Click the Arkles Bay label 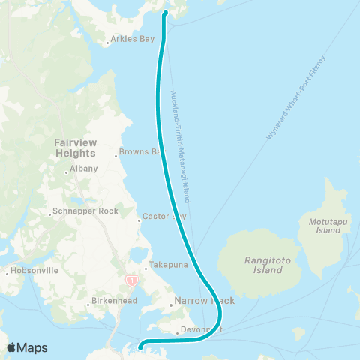click(x=132, y=39)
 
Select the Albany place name click(x=84, y=169)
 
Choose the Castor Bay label click(x=165, y=217)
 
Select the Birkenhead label click(x=111, y=304)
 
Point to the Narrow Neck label click(x=204, y=301)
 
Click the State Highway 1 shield click(x=133, y=280)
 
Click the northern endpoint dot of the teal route click(x=164, y=13)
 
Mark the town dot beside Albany click(x=67, y=172)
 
